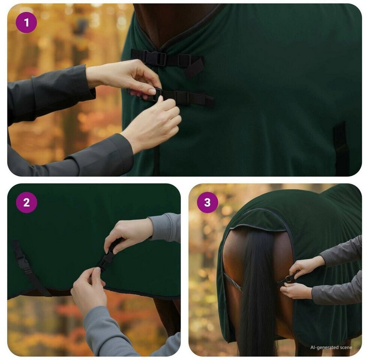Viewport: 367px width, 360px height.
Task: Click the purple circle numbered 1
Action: click(x=26, y=22)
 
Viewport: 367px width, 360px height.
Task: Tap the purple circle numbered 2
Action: click(x=26, y=202)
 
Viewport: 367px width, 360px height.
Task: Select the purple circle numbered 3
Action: click(x=208, y=202)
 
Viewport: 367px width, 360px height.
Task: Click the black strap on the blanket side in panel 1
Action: click(x=341, y=148)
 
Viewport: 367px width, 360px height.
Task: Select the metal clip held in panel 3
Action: click(x=287, y=279)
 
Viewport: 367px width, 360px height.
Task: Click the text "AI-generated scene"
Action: click(x=331, y=347)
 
